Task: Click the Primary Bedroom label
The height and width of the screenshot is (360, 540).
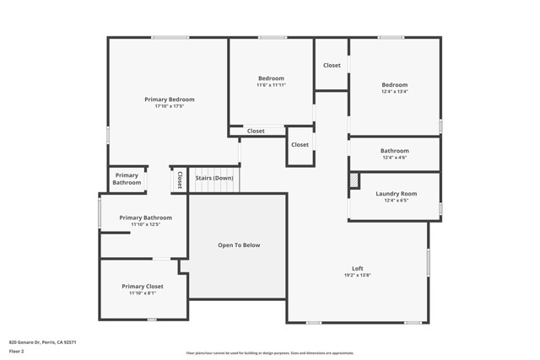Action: [x=169, y=99]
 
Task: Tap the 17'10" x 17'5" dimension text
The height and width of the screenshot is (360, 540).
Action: [x=169, y=107]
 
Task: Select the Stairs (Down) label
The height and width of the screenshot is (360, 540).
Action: [x=214, y=178]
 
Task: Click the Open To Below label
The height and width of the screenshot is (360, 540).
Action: [x=239, y=245]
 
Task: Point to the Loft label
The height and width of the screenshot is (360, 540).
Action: [x=358, y=268]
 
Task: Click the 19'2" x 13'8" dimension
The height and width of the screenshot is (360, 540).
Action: [x=358, y=276]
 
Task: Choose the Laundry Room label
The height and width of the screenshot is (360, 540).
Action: [x=396, y=194]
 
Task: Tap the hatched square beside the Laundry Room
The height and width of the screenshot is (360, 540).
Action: [x=354, y=180]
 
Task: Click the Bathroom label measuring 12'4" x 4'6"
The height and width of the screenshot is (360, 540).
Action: [x=394, y=151]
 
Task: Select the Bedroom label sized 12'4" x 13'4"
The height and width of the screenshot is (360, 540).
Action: [x=394, y=84]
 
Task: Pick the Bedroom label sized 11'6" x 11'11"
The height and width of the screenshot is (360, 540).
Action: [x=271, y=78]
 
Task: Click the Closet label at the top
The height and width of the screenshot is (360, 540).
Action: [x=332, y=65]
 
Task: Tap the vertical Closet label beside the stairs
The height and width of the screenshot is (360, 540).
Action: [x=179, y=180]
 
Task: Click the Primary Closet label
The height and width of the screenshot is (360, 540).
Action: [x=143, y=287]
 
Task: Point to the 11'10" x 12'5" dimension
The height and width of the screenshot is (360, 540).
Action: [x=145, y=225]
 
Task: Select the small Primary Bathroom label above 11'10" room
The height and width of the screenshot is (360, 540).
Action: [x=127, y=179]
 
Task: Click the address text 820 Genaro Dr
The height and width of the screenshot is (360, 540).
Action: [x=42, y=342]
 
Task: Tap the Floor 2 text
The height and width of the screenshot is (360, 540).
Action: [x=17, y=352]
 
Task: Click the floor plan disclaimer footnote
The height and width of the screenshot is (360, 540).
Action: [x=270, y=353]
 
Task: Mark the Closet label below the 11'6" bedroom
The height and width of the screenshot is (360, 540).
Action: [x=256, y=131]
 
